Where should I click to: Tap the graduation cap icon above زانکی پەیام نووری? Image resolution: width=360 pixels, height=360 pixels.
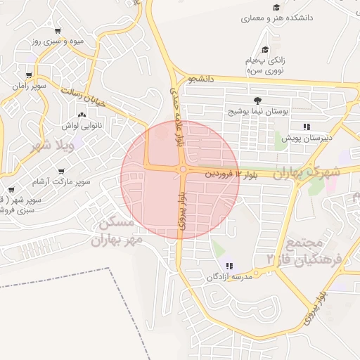tap(265, 49)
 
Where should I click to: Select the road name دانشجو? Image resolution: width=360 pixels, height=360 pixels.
tap(201, 80)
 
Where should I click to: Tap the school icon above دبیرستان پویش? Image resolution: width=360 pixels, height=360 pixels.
tap(307, 127)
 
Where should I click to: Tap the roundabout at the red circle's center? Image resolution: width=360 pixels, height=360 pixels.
tap(183, 169)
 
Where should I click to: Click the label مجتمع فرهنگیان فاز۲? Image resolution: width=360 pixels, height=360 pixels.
tap(304, 251)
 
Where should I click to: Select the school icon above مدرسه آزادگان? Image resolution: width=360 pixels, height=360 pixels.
tap(230, 265)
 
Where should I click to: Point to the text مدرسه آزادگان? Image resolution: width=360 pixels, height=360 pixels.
tap(229, 278)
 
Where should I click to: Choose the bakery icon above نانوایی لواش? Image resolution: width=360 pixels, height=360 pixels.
tap(82, 115)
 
